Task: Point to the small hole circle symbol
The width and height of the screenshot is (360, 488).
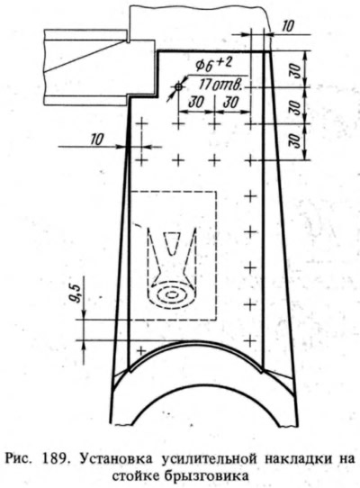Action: (x=178, y=87)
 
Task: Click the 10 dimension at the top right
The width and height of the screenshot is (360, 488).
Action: (x=287, y=26)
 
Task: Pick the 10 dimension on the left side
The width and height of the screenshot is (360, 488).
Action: (x=97, y=140)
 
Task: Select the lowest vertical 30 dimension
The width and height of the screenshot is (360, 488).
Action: (x=297, y=141)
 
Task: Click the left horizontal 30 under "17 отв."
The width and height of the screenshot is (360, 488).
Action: (x=196, y=103)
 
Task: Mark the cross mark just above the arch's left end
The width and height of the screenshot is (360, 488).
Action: (x=141, y=351)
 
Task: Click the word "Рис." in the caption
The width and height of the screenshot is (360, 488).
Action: (x=18, y=459)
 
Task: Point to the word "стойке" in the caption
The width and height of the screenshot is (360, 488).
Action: (x=135, y=476)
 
